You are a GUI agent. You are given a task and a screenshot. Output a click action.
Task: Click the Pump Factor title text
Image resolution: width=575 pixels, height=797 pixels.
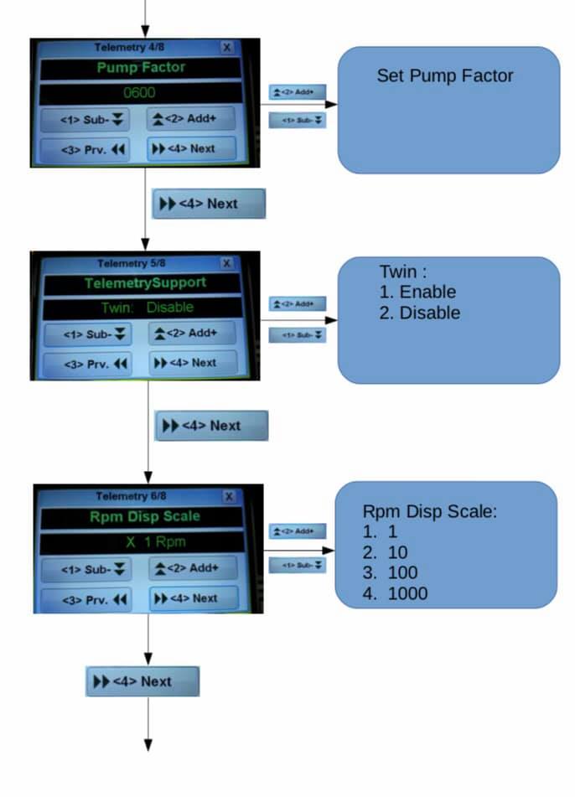click(x=140, y=68)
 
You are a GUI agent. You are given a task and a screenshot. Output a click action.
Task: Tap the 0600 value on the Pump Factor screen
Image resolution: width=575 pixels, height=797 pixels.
click(x=140, y=93)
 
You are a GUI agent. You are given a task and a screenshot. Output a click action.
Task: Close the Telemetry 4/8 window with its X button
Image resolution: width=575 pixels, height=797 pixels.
click(x=226, y=48)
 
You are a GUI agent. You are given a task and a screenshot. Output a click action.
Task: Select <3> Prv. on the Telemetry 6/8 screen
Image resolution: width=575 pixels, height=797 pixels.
click(x=96, y=599)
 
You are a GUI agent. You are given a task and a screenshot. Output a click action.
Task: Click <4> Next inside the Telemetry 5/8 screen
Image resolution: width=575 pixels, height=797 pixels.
click(x=193, y=363)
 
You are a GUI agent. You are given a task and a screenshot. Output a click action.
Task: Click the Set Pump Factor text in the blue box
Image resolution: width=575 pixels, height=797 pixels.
click(x=444, y=76)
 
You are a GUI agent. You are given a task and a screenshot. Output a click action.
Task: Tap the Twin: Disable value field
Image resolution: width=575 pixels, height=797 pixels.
click(x=147, y=308)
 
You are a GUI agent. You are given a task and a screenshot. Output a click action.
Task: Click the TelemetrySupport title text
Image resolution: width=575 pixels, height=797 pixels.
click(x=144, y=283)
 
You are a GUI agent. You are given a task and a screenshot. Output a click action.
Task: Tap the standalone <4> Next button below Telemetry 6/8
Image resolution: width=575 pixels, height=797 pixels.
click(x=142, y=681)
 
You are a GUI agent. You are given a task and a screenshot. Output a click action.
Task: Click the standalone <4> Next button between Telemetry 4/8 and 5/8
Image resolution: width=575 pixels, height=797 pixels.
click(x=209, y=204)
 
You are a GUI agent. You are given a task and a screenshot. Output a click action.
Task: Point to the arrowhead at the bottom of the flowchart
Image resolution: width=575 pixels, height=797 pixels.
click(x=148, y=744)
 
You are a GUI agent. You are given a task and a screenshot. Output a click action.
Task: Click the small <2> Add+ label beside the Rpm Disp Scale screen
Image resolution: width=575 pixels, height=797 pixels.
click(x=297, y=531)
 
